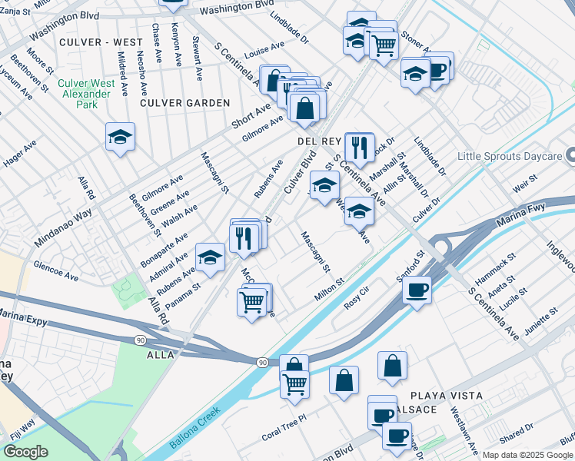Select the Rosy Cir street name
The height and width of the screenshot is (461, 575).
[357, 299]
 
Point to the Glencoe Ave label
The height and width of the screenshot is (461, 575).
[55, 270]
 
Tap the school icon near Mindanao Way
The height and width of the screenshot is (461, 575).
[120, 138]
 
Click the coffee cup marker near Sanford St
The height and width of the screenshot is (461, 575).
[416, 290]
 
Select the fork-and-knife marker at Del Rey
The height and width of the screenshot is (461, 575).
[359, 145]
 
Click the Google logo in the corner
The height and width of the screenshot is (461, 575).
[25, 452]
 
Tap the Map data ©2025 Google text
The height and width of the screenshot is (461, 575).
[527, 455]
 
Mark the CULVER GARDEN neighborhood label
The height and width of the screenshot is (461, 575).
[184, 103]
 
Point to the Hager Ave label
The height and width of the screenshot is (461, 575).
[20, 154]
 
